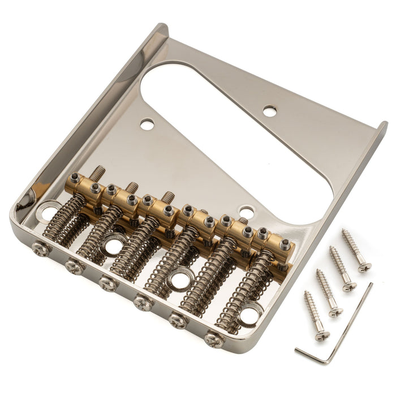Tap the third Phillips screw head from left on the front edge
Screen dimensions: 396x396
pos(108,282)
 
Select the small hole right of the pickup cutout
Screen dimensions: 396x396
pos(270,111)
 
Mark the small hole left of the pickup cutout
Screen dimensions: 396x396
pos(147,124)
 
